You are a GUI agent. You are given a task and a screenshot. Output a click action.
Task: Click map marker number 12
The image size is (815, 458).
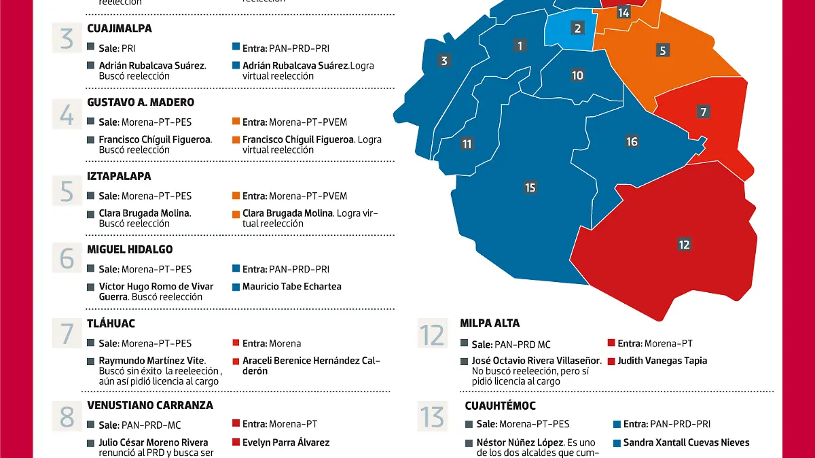point(684,245)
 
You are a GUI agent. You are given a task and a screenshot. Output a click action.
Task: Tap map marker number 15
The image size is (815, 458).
point(530,188)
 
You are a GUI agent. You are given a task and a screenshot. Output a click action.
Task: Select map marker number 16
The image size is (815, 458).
point(632,141)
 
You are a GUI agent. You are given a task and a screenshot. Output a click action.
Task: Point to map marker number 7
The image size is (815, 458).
point(704,112)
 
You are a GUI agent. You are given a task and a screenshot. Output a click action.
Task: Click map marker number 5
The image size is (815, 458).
point(663,50)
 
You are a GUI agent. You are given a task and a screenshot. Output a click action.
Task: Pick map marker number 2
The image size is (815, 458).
point(577,28)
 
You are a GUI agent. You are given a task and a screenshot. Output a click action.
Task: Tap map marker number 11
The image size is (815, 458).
point(467,144)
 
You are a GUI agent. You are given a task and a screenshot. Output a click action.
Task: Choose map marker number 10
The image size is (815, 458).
point(577,75)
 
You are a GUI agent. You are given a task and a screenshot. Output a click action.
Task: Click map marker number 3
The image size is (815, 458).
point(444,60)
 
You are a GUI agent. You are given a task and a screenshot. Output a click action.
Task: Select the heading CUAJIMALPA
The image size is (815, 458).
point(120,29)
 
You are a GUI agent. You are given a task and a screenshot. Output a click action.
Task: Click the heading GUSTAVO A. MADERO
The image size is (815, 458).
point(141,102)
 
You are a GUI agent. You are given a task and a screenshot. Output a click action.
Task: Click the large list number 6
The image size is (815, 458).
point(67,258)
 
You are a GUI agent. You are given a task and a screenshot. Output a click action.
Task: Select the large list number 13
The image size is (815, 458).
point(433,417)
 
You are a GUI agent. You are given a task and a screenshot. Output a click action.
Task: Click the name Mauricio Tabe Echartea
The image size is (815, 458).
point(292,287)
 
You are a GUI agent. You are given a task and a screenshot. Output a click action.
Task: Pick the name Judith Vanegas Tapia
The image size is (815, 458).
point(662,361)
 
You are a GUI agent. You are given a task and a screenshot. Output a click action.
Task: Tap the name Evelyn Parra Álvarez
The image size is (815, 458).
point(286,442)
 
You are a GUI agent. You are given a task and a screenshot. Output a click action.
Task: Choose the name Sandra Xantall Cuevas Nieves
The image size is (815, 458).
point(687,442)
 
